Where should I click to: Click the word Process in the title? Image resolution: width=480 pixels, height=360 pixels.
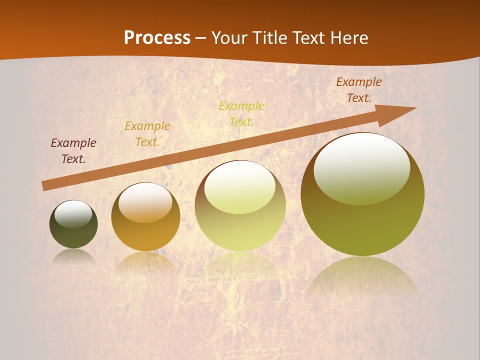click(x=157, y=38)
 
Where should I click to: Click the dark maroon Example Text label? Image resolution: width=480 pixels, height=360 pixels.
click(x=73, y=151)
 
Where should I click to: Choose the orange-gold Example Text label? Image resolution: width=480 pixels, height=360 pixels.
click(x=147, y=134)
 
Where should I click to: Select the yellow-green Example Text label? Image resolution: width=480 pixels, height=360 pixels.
click(x=241, y=114)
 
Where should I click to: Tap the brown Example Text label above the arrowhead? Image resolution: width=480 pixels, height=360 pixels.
click(x=359, y=90)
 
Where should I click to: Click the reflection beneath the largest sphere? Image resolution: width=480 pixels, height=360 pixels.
click(x=362, y=277)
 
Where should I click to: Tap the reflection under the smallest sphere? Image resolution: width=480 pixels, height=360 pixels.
click(x=73, y=256)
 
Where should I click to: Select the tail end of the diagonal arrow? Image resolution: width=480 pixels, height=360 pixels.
click(x=45, y=186)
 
